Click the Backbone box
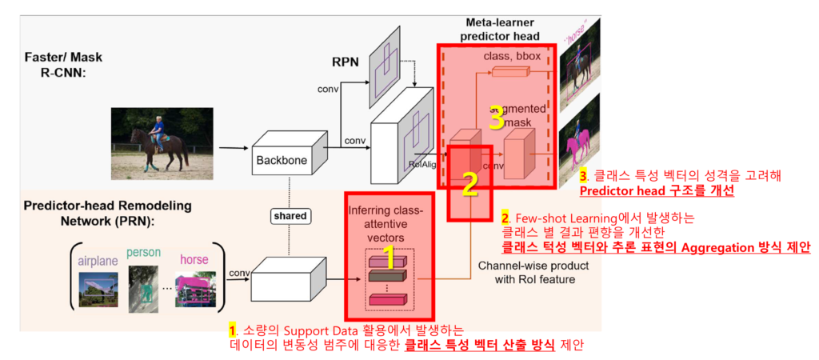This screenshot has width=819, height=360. coord(282,160)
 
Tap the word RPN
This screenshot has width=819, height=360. coord(346,61)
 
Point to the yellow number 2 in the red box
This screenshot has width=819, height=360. coord(470,185)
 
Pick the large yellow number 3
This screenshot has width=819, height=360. coord(497,120)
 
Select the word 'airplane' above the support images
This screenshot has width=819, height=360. coord(97,259)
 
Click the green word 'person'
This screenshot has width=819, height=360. coord(143,253)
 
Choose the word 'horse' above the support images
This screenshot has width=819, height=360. coord(194,259)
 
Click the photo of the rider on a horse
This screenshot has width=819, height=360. coord(162,140)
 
